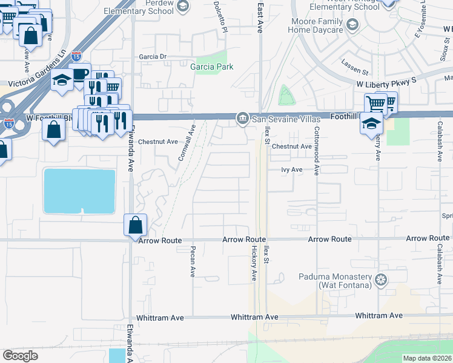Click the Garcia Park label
(211, 67)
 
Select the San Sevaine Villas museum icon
(242, 117)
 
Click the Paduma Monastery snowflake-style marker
(380, 279)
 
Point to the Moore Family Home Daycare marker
(355, 25)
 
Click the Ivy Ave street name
(291, 170)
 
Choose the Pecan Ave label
(193, 261)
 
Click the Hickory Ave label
(254, 263)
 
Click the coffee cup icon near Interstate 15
(79, 73)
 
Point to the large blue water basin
(79, 191)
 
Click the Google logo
(20, 356)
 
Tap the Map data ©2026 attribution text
(427, 358)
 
